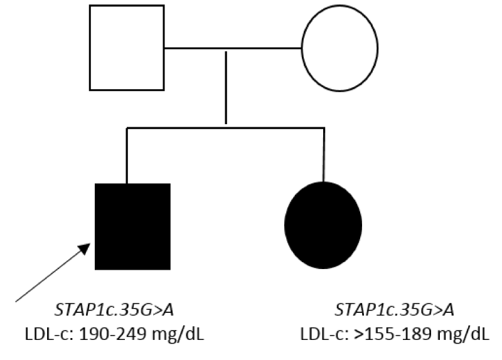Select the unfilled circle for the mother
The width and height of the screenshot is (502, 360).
click(302, 48)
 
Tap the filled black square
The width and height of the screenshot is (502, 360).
click(132, 226)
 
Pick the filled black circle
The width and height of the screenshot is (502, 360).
click(323, 225)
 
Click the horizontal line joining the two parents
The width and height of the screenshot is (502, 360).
click(233, 48)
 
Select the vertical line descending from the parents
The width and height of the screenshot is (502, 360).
click(226, 87)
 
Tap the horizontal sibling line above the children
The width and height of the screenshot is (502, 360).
click(226, 128)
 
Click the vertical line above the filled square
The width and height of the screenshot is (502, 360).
click(127, 156)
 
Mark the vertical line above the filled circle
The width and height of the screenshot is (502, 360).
click(324, 155)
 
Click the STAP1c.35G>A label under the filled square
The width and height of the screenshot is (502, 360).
click(114, 310)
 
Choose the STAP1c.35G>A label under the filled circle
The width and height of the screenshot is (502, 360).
click(395, 310)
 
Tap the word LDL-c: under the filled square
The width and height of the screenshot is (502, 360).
click(50, 334)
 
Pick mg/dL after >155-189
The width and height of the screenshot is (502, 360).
click(464, 335)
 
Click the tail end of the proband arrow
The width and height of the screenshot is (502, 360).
click(16, 302)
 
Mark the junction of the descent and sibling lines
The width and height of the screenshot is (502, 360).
click(226, 128)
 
